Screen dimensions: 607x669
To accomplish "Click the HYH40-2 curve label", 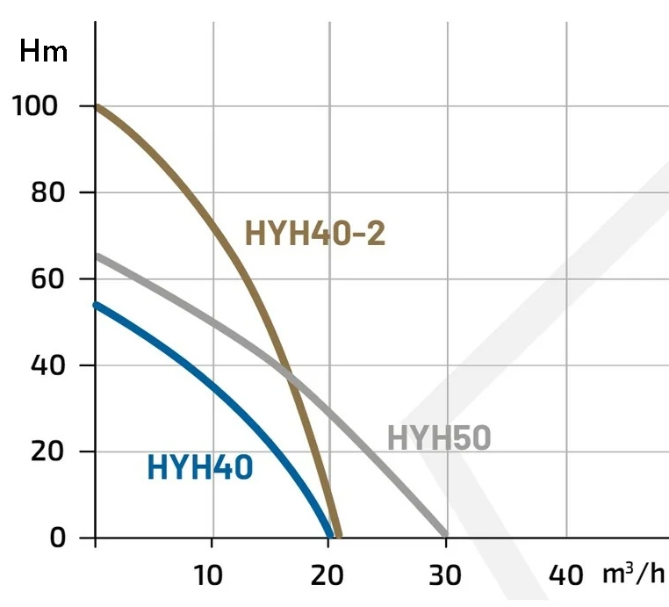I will coord(315,235).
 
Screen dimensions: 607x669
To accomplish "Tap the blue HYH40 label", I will coord(200,468).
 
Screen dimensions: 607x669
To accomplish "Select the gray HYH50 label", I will coord(439,437).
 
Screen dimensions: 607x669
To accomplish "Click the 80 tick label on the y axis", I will coord(48,193).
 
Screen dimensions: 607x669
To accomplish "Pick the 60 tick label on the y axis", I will coord(48,279).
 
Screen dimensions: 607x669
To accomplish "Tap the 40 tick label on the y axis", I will coord(48,365).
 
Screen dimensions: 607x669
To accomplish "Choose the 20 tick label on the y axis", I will coord(48,452).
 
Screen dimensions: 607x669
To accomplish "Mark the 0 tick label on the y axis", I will coord(59,538).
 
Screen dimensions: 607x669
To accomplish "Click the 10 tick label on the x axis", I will coord(210,576).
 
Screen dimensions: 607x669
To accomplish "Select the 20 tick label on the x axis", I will coord(327,576).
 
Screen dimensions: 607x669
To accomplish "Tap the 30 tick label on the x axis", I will coord(446,576).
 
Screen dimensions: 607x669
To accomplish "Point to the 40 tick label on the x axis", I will coord(565,576).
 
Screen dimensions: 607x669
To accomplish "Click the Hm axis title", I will coord(44,52).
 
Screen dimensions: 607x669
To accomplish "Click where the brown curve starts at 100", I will coord(97,107).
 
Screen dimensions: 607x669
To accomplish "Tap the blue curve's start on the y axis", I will coord(97,305).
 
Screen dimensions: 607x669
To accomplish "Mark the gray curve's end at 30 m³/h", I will coord(445,534).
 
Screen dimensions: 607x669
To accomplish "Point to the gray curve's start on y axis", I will coord(97,257).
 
